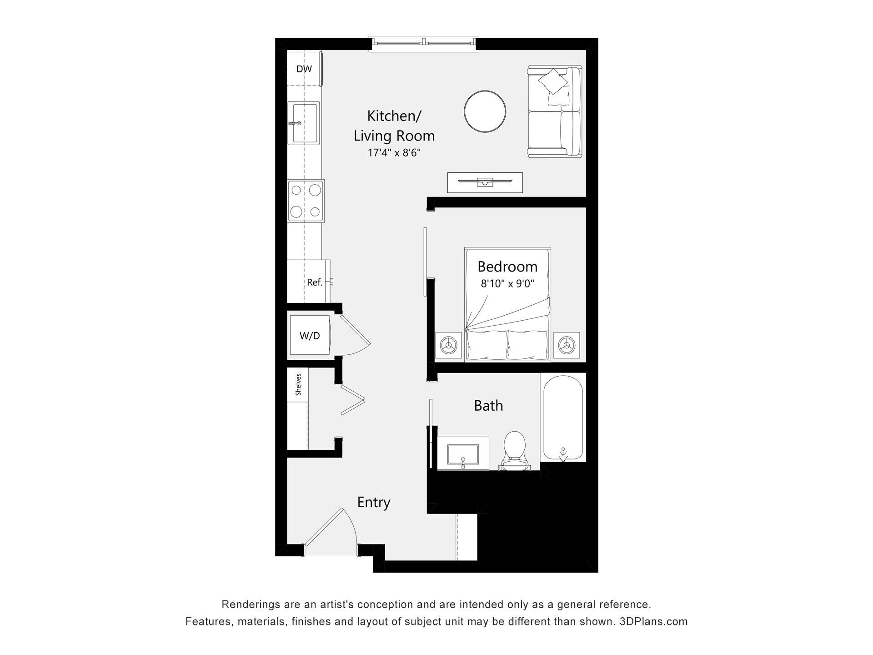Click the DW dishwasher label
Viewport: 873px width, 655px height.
[304, 69]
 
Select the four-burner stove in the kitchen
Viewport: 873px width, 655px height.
[306, 201]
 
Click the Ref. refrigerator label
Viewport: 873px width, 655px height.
[315, 282]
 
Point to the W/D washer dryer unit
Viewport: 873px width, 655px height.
[310, 335]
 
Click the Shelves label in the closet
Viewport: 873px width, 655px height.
[298, 384]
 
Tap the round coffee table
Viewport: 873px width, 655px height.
[485, 111]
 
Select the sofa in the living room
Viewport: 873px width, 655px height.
[555, 111]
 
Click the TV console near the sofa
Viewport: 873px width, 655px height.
[485, 182]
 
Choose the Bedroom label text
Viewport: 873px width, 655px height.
[507, 266]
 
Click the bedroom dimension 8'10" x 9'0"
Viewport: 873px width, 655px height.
[507, 284]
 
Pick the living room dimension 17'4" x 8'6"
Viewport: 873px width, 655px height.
[394, 153]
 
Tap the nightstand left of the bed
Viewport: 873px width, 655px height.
[449, 345]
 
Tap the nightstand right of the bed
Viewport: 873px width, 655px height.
[567, 345]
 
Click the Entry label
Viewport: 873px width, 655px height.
[374, 503]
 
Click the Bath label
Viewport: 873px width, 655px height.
[489, 405]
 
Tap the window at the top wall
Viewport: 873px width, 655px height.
[424, 43]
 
